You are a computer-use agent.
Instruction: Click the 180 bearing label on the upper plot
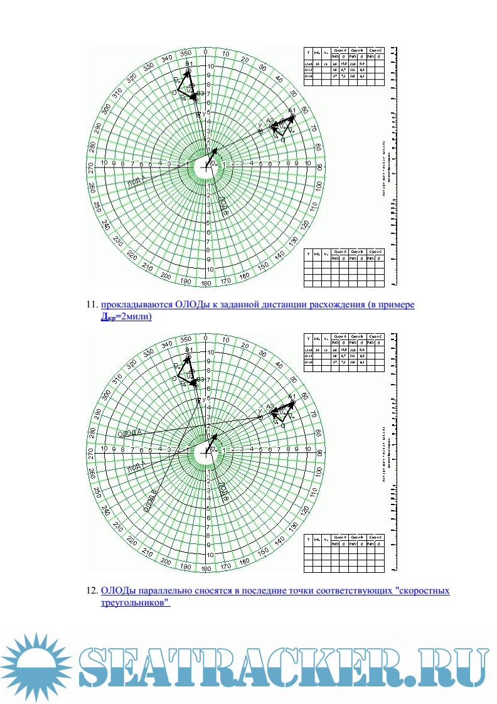[206, 283]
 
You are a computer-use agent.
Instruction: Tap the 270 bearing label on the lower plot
[92, 451]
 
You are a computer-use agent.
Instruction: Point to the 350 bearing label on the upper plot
[186, 54]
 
